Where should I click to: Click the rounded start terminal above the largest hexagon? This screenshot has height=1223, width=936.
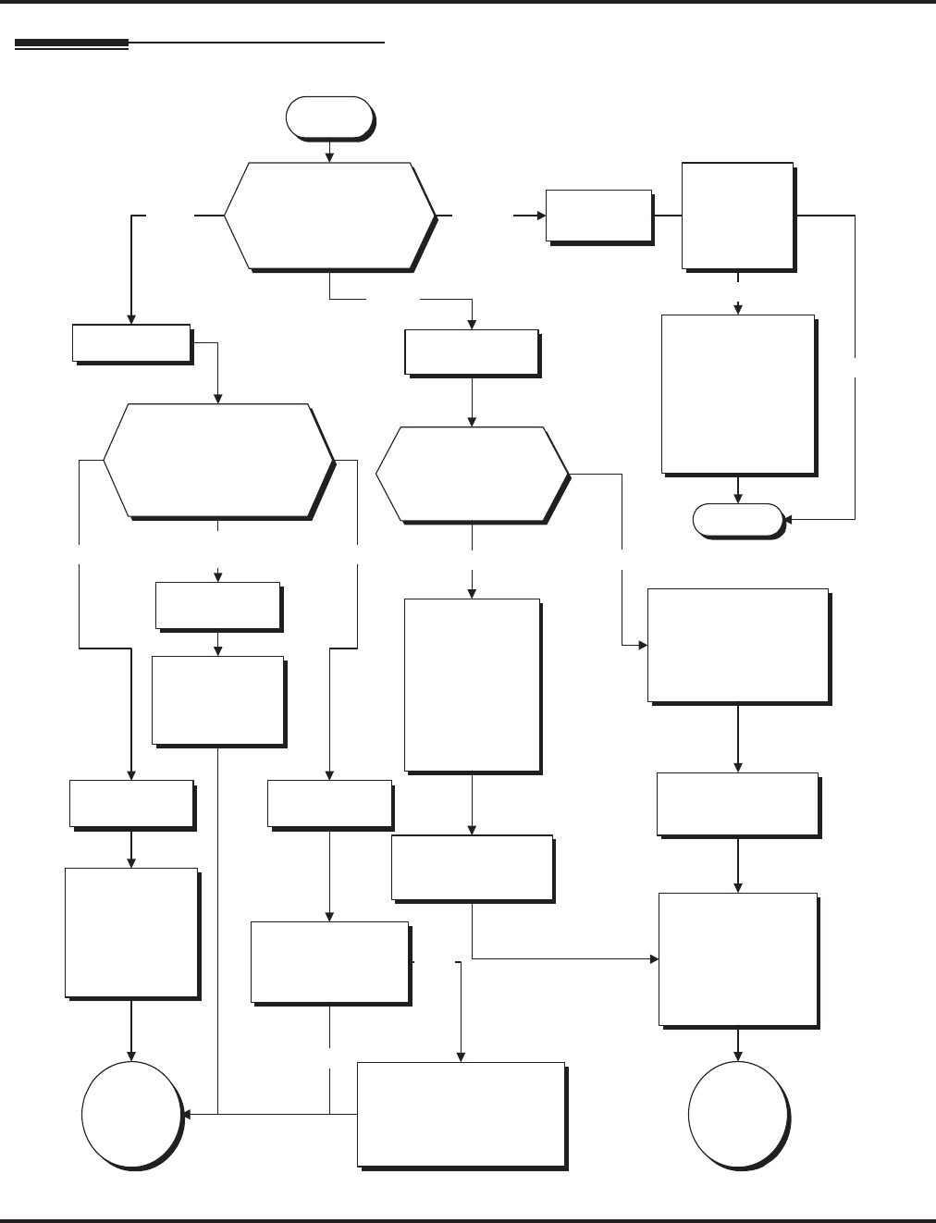click(x=329, y=117)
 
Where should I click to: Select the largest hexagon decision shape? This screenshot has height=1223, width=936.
click(x=329, y=216)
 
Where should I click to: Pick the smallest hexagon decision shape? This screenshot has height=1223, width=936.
click(x=472, y=475)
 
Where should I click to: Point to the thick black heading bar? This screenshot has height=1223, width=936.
click(x=71, y=43)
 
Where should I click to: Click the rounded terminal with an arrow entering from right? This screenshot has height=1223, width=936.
click(x=737, y=520)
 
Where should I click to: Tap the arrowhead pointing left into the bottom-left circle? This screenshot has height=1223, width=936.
click(x=186, y=1114)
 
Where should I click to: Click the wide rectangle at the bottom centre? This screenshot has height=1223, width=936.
click(x=461, y=1114)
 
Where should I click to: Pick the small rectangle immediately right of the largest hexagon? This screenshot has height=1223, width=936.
click(x=598, y=216)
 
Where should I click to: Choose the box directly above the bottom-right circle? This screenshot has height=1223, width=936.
click(x=737, y=958)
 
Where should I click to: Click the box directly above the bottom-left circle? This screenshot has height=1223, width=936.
click(x=131, y=932)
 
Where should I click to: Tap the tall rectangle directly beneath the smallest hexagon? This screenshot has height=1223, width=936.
click(x=472, y=685)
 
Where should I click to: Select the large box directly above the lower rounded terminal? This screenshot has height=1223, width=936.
click(x=738, y=394)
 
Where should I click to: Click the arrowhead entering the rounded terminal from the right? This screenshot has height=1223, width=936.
click(x=788, y=519)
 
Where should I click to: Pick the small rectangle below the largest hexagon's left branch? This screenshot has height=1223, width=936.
click(x=131, y=342)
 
